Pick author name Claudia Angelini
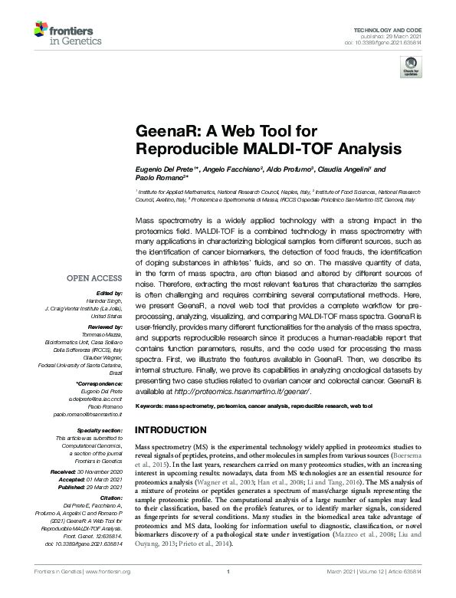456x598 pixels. tap(342, 169)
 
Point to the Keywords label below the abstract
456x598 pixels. tap(151, 405)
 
